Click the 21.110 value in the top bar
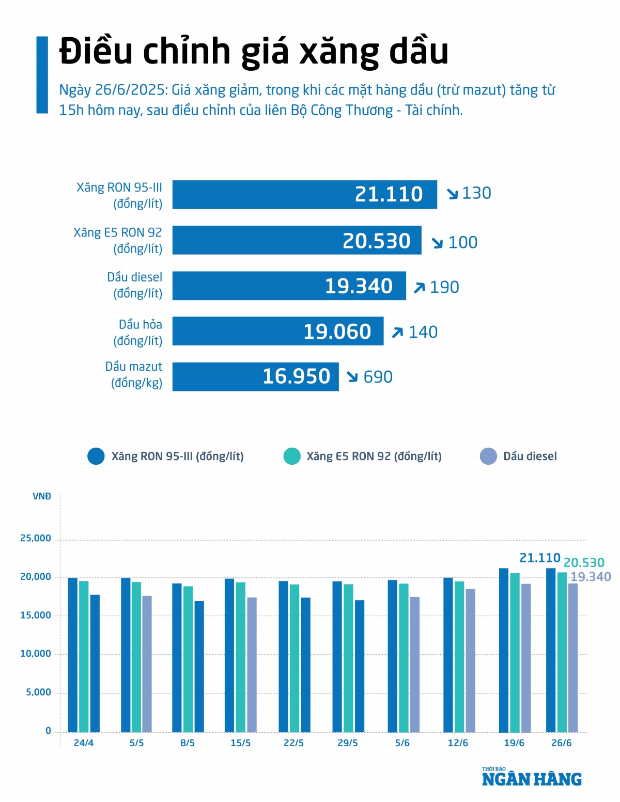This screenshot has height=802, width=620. (389, 194)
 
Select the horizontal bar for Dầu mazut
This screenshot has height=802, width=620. (255, 376)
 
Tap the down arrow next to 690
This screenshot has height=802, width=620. (352, 377)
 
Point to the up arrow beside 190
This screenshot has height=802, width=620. (419, 288)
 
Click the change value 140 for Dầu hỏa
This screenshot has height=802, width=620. (423, 332)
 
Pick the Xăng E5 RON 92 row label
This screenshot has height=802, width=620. (118, 240)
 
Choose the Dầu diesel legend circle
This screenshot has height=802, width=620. (488, 457)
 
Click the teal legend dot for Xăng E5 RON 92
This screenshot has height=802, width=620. (292, 457)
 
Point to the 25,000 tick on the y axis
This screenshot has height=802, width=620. (36, 538)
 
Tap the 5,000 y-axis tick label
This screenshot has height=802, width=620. (39, 693)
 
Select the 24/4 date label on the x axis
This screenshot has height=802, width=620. (84, 743)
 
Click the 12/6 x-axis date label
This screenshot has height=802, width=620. (458, 743)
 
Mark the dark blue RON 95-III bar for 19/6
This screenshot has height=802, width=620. (504, 650)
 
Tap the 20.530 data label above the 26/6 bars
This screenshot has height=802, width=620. (584, 562)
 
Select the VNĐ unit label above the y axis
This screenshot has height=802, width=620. (42, 497)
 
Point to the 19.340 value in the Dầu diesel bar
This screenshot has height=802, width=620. (359, 286)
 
